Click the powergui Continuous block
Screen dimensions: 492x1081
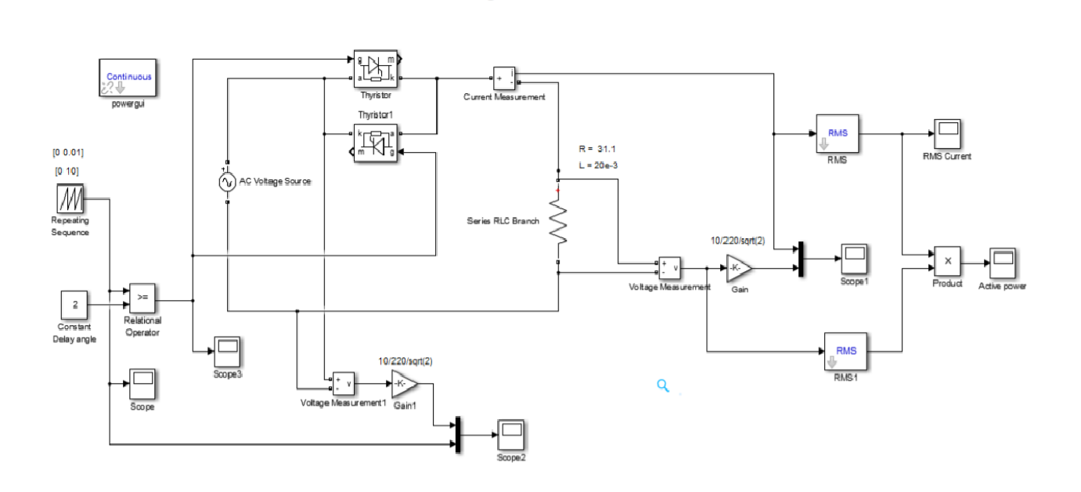[x=127, y=78]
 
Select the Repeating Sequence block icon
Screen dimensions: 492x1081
[x=70, y=200]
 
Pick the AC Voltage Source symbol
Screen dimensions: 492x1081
[x=227, y=183]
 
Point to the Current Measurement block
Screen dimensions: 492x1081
[x=504, y=78]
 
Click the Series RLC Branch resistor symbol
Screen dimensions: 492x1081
[x=557, y=221]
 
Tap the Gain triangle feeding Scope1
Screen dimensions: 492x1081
[x=738, y=268]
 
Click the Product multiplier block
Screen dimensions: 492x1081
[x=946, y=262]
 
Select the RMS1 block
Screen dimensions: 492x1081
[x=846, y=351]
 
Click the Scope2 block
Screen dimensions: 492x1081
[x=510, y=432]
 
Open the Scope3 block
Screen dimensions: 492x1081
[x=228, y=349]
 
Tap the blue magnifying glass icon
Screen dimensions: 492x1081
[x=663, y=385]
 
